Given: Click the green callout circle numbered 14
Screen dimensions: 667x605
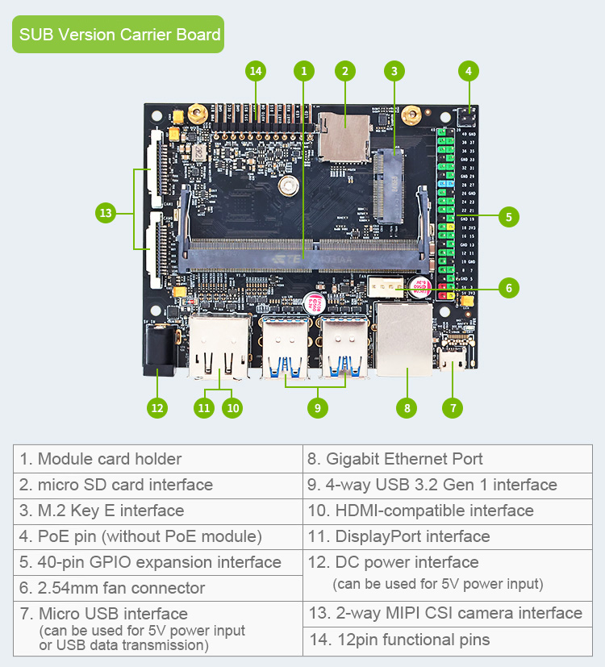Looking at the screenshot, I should [256, 71].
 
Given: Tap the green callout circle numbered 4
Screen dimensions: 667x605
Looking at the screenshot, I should [468, 71].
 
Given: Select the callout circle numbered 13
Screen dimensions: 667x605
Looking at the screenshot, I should [106, 214].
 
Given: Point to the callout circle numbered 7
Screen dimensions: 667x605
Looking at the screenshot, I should [453, 408].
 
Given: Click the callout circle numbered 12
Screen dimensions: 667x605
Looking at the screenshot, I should [157, 408].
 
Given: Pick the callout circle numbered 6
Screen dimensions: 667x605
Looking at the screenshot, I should [507, 287].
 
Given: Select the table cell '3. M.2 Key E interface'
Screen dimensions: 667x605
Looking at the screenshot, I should [158, 511].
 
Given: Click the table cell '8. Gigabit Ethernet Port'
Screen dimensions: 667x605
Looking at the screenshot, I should [447, 459].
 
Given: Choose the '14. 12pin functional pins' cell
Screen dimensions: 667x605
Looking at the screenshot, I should [447, 640].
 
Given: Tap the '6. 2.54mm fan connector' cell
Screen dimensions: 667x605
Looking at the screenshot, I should [158, 588].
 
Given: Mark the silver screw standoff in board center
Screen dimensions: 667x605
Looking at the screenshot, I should [286, 186].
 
